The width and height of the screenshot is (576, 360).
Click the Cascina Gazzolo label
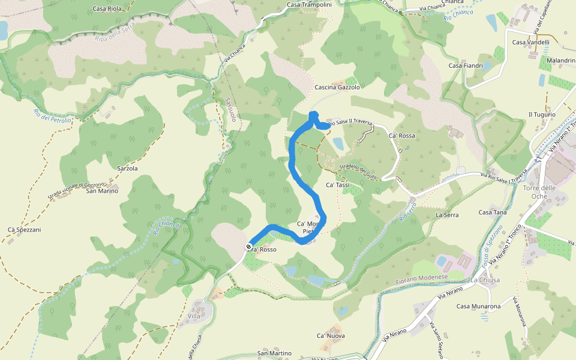[x=337, y=88]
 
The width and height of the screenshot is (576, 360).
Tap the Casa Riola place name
[x=107, y=9]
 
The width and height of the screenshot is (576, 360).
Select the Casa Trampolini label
[x=309, y=5]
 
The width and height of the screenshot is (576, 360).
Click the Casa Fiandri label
[x=466, y=65]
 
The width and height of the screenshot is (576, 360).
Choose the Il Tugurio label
[x=542, y=115]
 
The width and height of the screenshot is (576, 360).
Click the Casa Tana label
[x=493, y=212]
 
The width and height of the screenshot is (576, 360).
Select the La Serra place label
[x=447, y=214]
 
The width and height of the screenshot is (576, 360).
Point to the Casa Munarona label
[x=478, y=307]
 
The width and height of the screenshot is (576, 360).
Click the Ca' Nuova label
[x=331, y=335]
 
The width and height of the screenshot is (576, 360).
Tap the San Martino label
[x=274, y=353]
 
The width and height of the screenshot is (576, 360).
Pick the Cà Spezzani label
[x=24, y=230]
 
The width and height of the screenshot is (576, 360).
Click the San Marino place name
[x=102, y=191]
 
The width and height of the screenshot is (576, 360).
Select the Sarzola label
[x=128, y=169]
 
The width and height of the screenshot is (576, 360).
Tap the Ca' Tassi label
[x=337, y=185]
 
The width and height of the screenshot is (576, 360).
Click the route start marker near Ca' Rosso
[x=248, y=247]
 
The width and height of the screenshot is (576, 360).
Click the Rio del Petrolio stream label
[x=53, y=112]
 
